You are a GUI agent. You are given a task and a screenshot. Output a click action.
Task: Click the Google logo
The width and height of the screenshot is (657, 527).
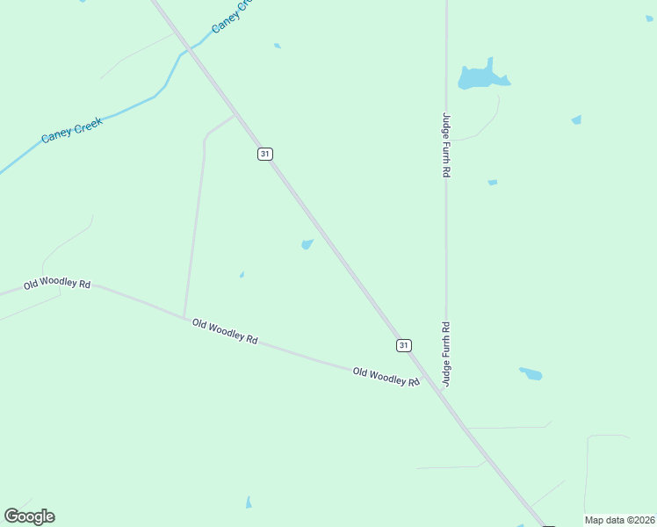click(30, 516)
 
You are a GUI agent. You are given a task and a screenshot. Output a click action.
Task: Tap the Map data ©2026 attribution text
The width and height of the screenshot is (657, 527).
click(620, 520)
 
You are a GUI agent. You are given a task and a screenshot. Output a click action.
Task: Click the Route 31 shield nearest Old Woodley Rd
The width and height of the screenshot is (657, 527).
click(403, 345)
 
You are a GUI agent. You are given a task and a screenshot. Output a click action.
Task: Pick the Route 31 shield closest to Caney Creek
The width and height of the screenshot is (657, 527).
click(265, 154)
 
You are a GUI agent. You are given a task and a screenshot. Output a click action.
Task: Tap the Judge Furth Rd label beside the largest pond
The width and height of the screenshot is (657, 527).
click(446, 145)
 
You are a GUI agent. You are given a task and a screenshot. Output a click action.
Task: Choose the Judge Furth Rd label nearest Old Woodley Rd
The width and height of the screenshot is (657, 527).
click(446, 353)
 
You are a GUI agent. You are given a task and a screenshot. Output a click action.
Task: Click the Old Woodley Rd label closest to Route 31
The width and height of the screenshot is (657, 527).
click(386, 376)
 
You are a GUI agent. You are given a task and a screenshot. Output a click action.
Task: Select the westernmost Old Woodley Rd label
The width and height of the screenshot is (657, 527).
click(57, 284)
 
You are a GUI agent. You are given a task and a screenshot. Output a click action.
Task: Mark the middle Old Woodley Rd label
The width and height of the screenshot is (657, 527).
click(225, 331)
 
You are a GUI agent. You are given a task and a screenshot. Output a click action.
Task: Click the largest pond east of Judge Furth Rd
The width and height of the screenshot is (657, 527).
click(481, 77)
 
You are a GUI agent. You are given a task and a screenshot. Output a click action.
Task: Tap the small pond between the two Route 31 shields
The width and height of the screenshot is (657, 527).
click(307, 244)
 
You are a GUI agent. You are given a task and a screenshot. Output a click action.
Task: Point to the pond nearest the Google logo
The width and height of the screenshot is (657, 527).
click(249, 502)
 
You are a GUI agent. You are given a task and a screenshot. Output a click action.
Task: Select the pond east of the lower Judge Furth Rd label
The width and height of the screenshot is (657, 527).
click(531, 373)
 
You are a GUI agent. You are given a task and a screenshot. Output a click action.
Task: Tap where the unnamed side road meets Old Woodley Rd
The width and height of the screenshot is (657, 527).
click(184, 317)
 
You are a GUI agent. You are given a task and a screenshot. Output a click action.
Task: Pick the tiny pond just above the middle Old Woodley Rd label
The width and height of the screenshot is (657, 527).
click(242, 275)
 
